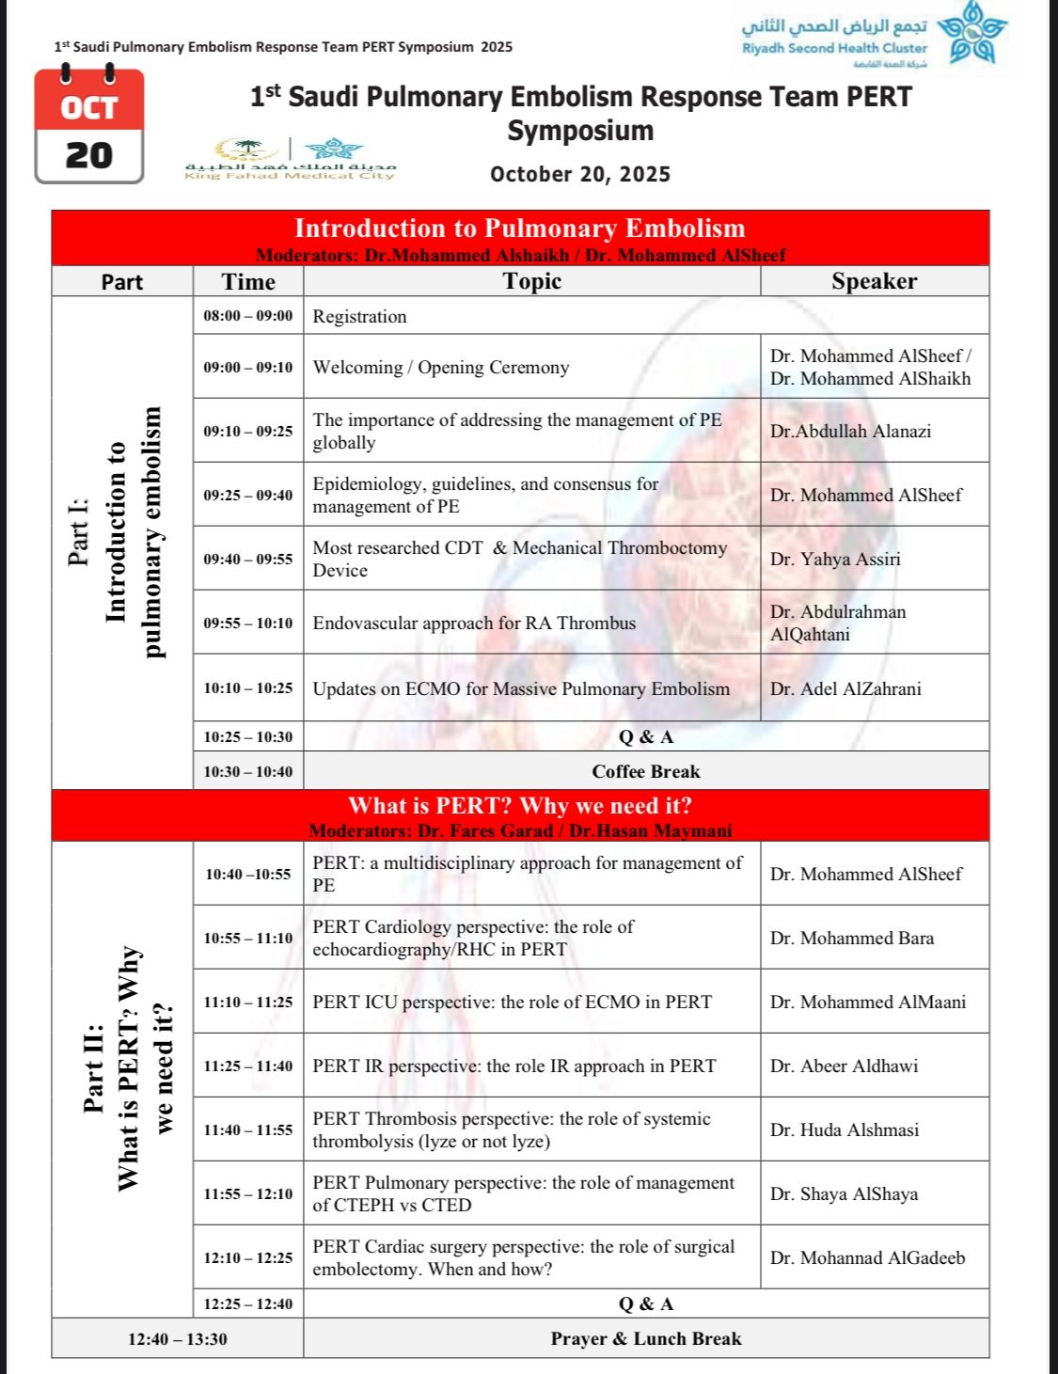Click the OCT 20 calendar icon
tap(89, 126)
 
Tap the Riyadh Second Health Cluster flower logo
tap(971, 34)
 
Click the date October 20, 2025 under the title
tap(580, 174)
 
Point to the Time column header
tap(248, 281)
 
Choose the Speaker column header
tap(874, 281)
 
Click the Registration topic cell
tap(360, 316)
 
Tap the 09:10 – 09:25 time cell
tap(248, 431)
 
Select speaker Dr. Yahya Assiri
tap(835, 559)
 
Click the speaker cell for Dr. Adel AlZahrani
tap(845, 688)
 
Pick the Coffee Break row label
tap(646, 771)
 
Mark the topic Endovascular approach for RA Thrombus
tap(474, 623)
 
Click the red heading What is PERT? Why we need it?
tap(520, 806)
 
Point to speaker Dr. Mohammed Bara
tap(852, 938)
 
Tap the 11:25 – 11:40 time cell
tap(248, 1066)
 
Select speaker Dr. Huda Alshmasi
tap(845, 1129)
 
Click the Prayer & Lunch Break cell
tap(646, 1338)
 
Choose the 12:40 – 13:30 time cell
tap(178, 1338)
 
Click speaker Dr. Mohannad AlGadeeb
tap(867, 1257)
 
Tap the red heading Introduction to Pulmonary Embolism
tap(520, 229)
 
